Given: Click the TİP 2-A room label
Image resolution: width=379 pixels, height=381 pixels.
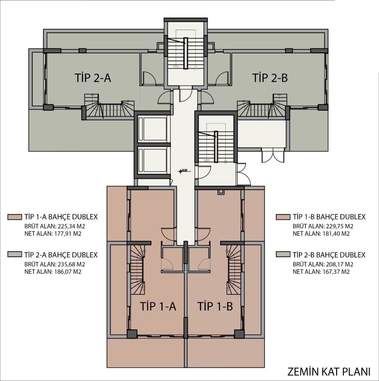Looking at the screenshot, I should tap(93, 78).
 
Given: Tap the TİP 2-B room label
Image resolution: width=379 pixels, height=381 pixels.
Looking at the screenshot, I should tap(270, 78).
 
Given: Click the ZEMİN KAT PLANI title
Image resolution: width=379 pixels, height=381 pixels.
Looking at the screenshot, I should tap(329, 372).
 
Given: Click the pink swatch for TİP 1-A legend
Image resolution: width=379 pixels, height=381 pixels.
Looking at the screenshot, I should tap(15, 217).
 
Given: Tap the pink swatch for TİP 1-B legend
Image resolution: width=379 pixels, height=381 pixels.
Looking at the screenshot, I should tap(283, 217).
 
